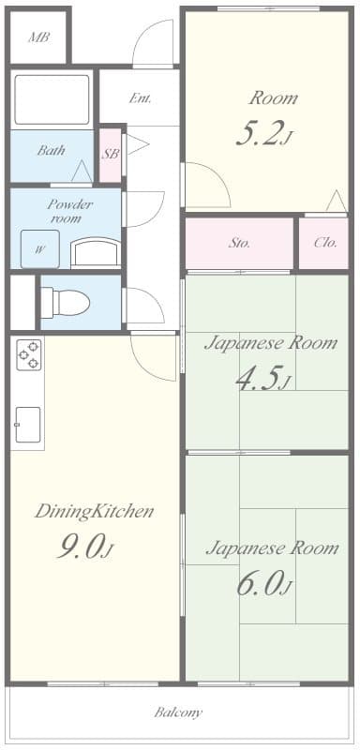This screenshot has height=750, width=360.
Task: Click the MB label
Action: [x=39, y=37]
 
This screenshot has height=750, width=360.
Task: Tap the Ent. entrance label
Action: [x=140, y=98]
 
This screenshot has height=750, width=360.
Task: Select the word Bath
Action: [x=51, y=150]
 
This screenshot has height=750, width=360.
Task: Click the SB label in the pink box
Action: [x=111, y=155]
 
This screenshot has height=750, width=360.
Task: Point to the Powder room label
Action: [x=69, y=212]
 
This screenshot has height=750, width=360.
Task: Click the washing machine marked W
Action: [x=40, y=248]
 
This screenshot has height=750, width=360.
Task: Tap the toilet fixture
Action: [x=65, y=302]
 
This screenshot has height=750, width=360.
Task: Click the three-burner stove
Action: [x=29, y=354]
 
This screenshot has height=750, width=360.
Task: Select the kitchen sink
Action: [x=28, y=425]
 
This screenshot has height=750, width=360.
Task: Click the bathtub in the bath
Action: [x=52, y=99]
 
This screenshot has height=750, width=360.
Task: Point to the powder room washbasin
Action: [x=96, y=252]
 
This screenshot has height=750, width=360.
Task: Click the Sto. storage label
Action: [x=239, y=243]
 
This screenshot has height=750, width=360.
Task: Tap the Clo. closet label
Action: [x=325, y=243]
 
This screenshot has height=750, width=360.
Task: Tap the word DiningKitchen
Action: [x=94, y=512]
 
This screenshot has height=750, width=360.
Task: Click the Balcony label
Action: [x=178, y=712]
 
